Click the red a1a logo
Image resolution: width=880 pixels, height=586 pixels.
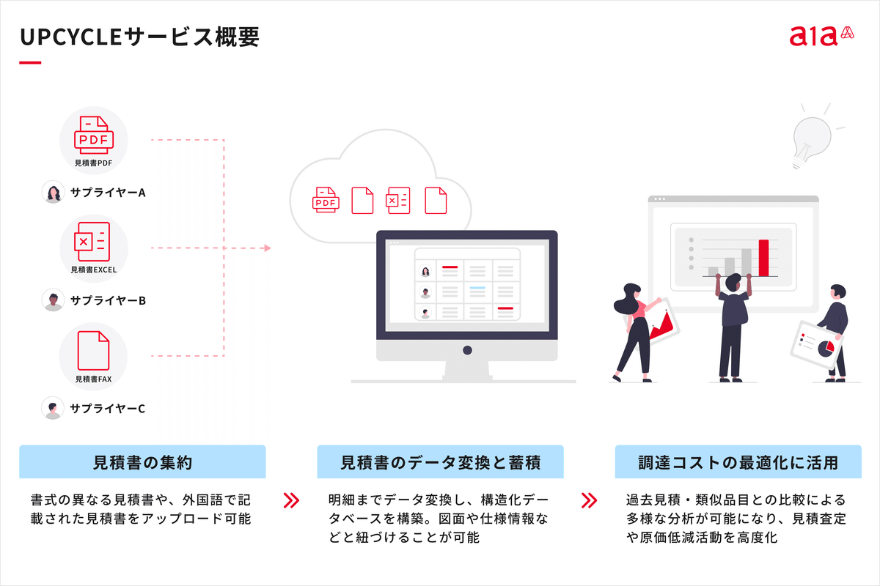pos(821,36)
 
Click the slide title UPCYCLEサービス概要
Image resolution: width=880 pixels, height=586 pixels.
pos(139,37)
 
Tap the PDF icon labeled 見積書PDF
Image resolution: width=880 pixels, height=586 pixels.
pos(94,135)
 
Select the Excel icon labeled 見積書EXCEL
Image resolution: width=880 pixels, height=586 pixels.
pos(92,242)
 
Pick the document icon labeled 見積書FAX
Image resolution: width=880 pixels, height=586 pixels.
pos(93,350)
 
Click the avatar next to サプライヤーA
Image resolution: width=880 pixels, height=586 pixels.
pos(53,192)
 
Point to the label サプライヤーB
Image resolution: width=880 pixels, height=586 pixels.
pos(108,300)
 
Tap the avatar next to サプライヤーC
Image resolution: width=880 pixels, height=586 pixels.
pos(53,408)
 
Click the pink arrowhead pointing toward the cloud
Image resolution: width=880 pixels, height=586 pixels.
pos(268,248)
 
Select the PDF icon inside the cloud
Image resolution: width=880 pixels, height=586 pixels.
pos(326,200)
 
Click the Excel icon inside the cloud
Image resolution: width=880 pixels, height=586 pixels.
pos(398,201)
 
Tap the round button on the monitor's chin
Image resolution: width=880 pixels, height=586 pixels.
pos(467,350)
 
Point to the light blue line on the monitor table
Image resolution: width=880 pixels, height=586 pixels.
pos(477,288)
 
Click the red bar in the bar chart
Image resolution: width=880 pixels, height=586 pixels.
pos(763,258)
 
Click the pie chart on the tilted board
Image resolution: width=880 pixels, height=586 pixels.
pos(826,349)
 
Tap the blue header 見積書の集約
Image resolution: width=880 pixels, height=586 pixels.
pos(142,462)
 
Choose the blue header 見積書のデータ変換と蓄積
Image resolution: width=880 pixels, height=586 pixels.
pos(441,462)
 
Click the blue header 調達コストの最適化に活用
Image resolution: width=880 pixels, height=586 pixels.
pos(738,462)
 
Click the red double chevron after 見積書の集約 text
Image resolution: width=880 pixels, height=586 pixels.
pos(291,500)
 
